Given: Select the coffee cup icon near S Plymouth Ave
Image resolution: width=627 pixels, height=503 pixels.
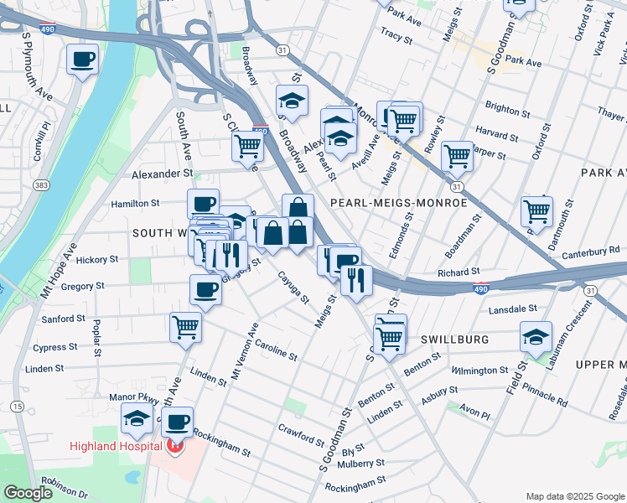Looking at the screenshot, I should (83, 60).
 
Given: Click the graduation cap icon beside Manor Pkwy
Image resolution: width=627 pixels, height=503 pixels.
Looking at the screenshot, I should (137, 417).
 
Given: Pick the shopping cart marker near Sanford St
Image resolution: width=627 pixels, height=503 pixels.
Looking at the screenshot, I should (185, 328).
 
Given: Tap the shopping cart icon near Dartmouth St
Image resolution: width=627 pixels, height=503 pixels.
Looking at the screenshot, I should (536, 211).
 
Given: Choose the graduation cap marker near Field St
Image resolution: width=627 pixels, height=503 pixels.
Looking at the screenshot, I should (536, 337).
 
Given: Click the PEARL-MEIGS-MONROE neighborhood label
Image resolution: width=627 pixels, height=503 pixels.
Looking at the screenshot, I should (398, 203).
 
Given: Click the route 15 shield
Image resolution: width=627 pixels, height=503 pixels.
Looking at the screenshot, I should (17, 407).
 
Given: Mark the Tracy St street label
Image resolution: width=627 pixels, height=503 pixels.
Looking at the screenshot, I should (393, 37).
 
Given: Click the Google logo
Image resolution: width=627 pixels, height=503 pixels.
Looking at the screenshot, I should (28, 493).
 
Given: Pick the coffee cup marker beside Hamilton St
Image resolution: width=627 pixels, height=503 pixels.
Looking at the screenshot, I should (203, 204).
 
